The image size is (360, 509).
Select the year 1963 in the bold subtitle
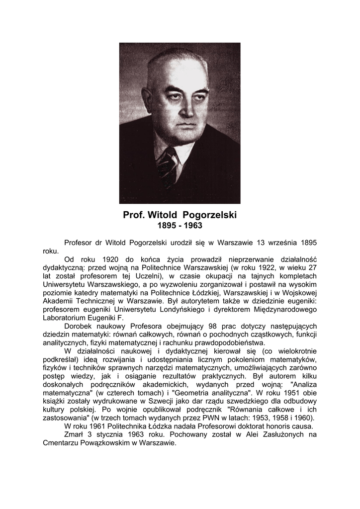pyautogui.click(x=193, y=225)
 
